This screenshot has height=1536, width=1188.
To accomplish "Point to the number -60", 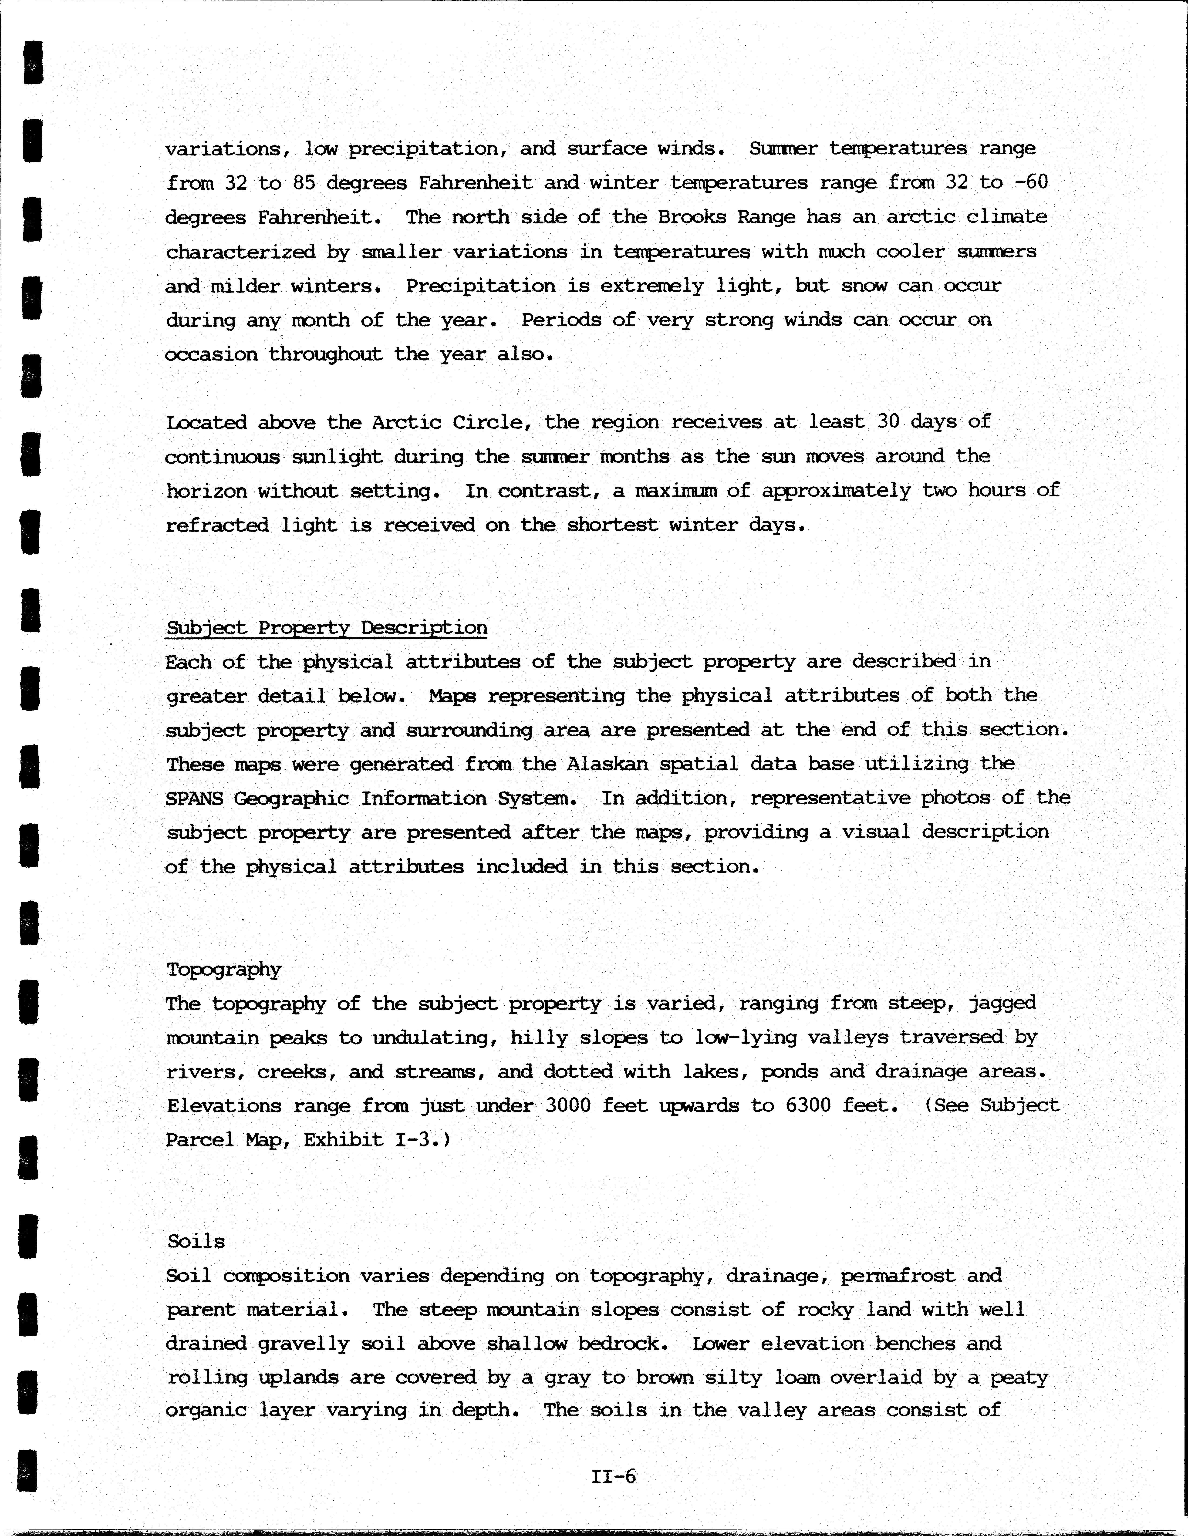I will (1030, 182).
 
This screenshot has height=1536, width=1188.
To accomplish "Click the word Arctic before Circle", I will (406, 422).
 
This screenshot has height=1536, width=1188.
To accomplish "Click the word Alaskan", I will (607, 764).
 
